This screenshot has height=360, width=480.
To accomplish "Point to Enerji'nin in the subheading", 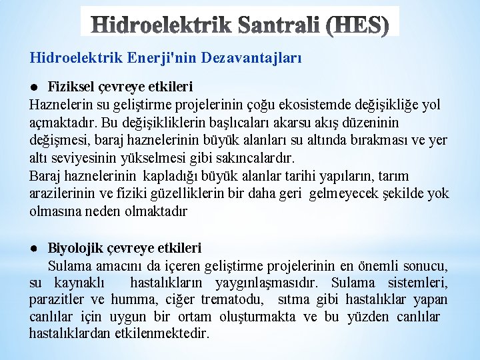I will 176,59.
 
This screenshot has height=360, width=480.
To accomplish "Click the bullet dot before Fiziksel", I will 33,87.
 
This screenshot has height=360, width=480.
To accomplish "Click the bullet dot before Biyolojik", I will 33,248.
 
